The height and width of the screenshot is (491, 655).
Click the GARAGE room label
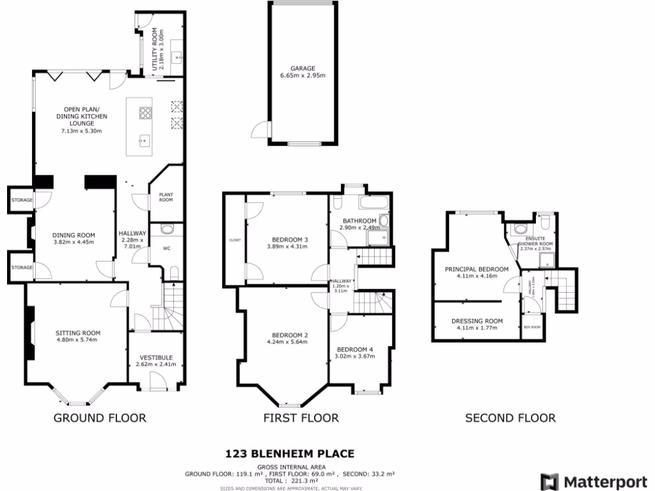(x=303, y=68)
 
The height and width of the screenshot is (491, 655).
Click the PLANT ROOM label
(x=166, y=197)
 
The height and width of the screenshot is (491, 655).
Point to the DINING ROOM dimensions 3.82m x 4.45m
(x=73, y=242)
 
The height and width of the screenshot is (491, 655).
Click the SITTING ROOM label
(x=78, y=333)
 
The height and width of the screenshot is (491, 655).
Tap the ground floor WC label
(x=166, y=248)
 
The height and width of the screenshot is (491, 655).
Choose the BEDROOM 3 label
(x=287, y=240)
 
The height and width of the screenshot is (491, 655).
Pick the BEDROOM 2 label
(x=290, y=335)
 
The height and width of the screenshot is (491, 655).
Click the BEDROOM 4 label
(x=354, y=349)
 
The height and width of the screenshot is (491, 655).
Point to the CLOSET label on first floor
(x=235, y=240)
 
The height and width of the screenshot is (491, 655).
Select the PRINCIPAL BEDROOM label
(x=477, y=269)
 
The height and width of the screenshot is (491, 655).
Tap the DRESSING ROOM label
(x=477, y=321)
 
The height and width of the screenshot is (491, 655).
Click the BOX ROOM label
(x=532, y=327)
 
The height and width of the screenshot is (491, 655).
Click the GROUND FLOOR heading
(x=99, y=418)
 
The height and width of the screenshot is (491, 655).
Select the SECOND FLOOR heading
(x=510, y=418)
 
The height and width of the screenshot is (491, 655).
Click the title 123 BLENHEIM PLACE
(x=290, y=454)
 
